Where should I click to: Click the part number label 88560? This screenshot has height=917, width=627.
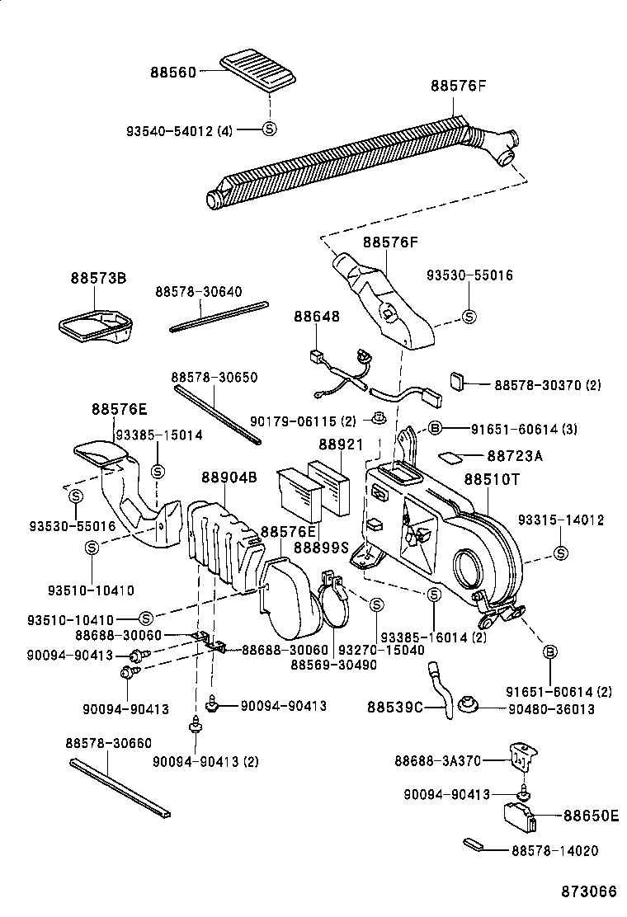point(173,72)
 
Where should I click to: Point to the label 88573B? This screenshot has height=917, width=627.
point(98,279)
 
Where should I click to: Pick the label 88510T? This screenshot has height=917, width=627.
point(492,478)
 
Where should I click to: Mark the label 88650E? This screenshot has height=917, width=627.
point(591,816)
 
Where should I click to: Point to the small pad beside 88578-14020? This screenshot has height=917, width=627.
point(474,844)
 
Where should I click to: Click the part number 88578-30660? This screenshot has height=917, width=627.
point(108,743)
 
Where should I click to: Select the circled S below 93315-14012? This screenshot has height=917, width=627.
point(561,552)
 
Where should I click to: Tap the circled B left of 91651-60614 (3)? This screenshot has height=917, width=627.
point(436,428)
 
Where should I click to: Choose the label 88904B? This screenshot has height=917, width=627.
point(229,478)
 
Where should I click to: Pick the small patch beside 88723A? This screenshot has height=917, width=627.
point(450,456)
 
